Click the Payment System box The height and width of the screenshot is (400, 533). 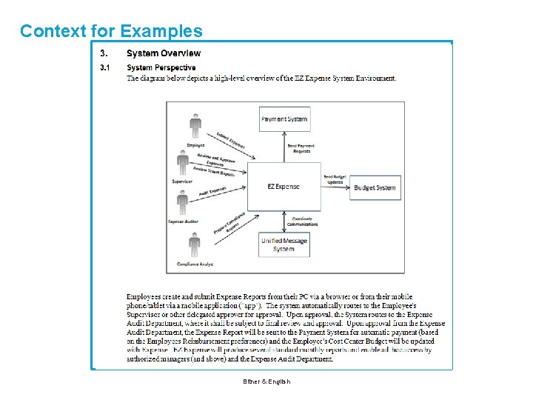(284, 119)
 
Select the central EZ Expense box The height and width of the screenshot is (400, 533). (284, 187)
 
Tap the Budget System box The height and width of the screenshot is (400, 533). (375, 187)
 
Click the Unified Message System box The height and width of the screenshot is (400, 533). (284, 244)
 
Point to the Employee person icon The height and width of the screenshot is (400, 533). (195, 126)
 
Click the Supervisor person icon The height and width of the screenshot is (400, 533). (183, 163)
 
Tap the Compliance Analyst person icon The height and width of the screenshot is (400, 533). (194, 245)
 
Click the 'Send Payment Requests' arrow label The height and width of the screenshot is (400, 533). (301, 147)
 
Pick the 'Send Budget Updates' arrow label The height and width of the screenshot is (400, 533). (334, 179)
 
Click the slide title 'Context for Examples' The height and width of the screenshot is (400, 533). (111, 31)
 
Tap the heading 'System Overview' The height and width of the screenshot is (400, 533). (163, 53)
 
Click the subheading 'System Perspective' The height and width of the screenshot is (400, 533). (161, 67)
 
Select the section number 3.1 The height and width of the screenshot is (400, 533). (105, 67)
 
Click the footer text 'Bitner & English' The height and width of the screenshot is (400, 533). (266, 381)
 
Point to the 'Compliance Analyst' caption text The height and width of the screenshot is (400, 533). (195, 264)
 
